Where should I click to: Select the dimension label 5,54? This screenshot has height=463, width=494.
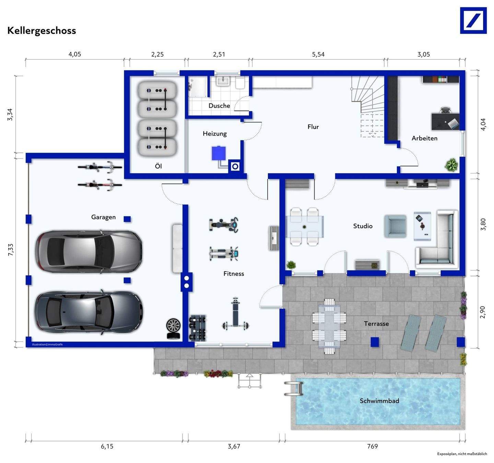pyautogui.click(x=318, y=55)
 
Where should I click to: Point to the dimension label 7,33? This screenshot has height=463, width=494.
pyautogui.click(x=11, y=250)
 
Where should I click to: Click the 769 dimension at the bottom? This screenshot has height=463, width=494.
pyautogui.click(x=372, y=446)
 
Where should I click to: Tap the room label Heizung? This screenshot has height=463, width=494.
pyautogui.click(x=215, y=134)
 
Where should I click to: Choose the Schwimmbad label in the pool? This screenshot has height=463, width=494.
pyautogui.click(x=379, y=401)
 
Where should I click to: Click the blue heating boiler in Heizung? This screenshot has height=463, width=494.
pyautogui.click(x=219, y=153)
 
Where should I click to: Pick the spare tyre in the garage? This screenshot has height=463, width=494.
pyautogui.click(x=173, y=328)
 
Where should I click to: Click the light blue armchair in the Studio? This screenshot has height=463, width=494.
pyautogui.click(x=395, y=226)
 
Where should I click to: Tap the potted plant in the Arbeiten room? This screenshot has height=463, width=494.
pyautogui.click(x=451, y=165)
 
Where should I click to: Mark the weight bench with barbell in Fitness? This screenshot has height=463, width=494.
pyautogui.click(x=235, y=313)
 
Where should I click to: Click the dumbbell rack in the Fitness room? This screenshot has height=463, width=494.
pyautogui.click(x=198, y=328)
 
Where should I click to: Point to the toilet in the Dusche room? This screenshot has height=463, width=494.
pyautogui.click(x=240, y=83)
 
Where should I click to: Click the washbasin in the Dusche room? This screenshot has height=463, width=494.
pyautogui.click(x=223, y=81)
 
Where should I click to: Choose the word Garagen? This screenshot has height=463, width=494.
pyautogui.click(x=104, y=217)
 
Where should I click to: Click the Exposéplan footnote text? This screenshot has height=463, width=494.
pyautogui.click(x=462, y=454)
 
